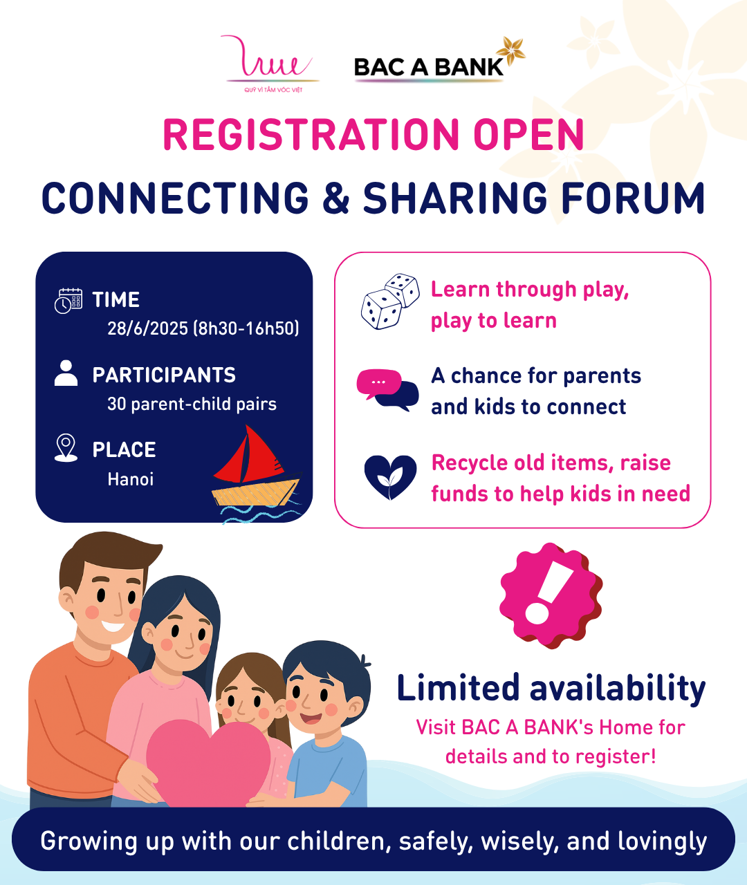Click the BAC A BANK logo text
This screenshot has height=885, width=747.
(429, 68)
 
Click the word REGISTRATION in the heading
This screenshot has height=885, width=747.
(312, 134)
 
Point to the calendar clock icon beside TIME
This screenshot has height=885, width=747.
(68, 301)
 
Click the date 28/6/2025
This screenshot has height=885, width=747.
(147, 328)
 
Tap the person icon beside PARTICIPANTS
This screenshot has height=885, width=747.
(66, 373)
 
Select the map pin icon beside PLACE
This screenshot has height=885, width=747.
(66, 447)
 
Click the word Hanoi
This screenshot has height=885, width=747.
(131, 479)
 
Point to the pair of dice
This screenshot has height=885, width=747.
(390, 301)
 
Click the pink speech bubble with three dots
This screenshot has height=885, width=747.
(378, 383)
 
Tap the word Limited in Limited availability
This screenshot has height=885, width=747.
(458, 687)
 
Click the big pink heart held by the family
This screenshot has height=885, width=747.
(208, 763)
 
